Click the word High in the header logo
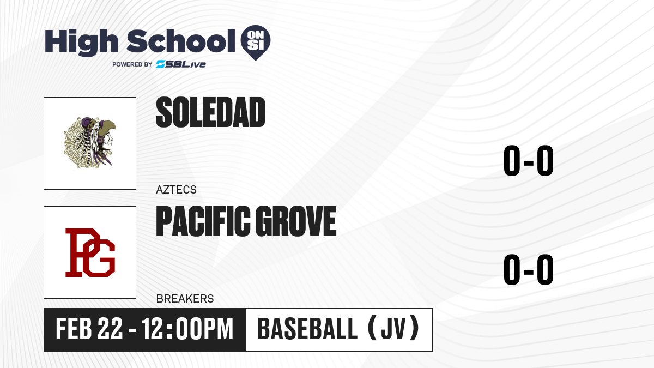coord(81,43)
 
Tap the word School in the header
coord(181,41)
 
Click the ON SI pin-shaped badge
coord(256,43)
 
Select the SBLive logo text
coord(181,64)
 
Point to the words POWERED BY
coord(132,64)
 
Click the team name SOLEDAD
coord(210,112)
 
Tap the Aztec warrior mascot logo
coord(90,143)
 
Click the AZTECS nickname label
coord(176,190)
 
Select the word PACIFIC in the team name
coord(203,221)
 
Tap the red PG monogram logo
coord(90,252)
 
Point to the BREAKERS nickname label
coord(185,299)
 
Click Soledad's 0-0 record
coord(529,161)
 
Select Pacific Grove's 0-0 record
coord(529,269)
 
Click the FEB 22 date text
coord(89,329)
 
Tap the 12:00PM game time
coord(187,329)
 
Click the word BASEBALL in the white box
coord(307,329)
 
